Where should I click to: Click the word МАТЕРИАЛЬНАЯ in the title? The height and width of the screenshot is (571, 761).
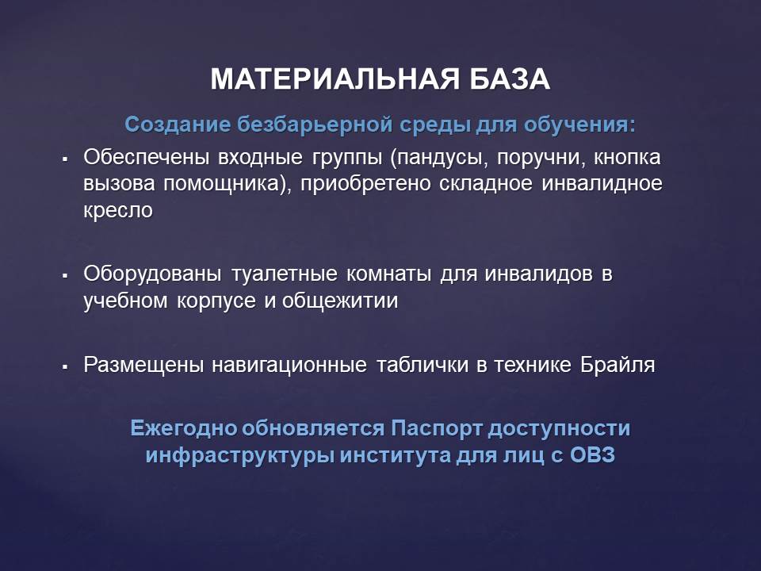click(335, 79)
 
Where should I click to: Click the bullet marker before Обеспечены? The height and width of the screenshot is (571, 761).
click(64, 159)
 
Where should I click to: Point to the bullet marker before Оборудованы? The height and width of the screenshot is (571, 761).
click(64, 275)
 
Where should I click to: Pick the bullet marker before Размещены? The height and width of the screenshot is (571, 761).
click(64, 366)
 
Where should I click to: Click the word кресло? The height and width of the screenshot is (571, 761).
click(118, 211)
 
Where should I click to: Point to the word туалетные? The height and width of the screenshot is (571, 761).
click(285, 274)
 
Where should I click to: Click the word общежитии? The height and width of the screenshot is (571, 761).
click(340, 301)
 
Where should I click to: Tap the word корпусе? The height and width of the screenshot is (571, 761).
click(216, 301)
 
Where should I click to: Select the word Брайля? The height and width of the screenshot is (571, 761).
click(618, 365)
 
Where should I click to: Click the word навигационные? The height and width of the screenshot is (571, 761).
click(289, 365)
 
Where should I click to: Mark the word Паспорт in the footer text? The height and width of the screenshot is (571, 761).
click(436, 429)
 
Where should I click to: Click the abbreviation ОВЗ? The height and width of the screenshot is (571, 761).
click(592, 455)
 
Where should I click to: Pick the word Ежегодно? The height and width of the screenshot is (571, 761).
click(184, 429)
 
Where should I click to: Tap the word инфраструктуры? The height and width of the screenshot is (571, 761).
click(239, 456)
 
